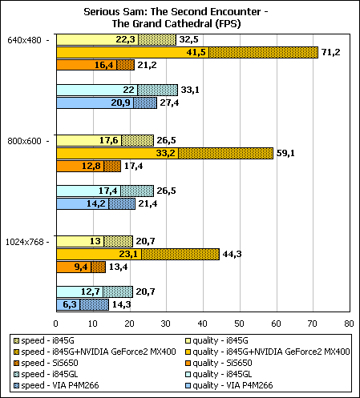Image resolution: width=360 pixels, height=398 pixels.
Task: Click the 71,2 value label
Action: coord(331,52)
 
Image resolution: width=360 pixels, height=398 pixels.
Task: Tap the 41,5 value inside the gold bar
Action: coord(196,52)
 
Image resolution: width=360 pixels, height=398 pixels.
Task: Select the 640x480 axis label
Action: coord(24,40)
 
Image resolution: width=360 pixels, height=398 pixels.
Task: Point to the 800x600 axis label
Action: coord(24,141)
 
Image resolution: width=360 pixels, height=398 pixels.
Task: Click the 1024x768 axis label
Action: coord(24,242)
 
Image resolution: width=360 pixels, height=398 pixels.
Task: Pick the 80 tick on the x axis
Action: coord(349,324)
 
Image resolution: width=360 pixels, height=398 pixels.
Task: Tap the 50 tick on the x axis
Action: coord(239,324)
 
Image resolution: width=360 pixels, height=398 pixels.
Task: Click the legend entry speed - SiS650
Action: coord(47,363)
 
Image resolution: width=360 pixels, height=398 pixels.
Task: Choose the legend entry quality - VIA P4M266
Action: coord(229,385)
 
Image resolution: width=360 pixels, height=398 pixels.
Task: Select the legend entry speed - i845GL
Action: coord(46,374)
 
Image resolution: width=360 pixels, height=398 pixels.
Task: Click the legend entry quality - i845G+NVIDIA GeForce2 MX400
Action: coord(268,352)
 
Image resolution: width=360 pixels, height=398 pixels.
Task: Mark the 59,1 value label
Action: coord(285,153)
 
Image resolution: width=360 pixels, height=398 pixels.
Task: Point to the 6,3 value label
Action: coord(70,304)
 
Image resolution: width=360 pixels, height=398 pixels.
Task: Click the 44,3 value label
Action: coord(232,254)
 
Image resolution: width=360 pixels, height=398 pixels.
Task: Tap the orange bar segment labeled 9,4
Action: coord(74,267)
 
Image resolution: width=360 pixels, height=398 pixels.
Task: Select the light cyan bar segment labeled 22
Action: coord(97,90)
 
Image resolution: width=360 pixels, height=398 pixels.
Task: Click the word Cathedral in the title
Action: coord(188,24)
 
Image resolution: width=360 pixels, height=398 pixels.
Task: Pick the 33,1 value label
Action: coord(190,90)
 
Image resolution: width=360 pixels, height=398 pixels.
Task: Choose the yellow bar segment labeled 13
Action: coord(80,242)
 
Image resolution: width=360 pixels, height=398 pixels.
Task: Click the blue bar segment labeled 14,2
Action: coord(83,204)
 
